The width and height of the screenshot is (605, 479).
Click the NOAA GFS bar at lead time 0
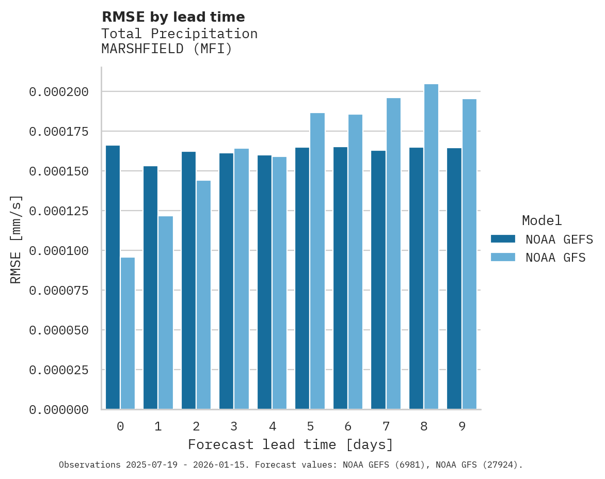tap(128, 333)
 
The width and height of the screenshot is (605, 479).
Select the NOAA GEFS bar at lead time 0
tap(113, 277)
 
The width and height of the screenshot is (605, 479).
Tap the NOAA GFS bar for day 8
tap(431, 247)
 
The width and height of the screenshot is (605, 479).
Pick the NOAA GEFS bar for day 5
tap(302, 278)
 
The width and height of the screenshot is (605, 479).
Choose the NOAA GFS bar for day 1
tap(166, 312)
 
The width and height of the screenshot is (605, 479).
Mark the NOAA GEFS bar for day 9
tap(454, 279)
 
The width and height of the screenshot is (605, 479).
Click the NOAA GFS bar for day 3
tap(242, 279)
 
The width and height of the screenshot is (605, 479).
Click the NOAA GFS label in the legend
tap(555, 258)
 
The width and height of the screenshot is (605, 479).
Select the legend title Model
tap(542, 221)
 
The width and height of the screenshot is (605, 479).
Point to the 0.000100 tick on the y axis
tap(59, 251)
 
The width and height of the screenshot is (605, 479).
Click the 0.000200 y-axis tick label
tap(59, 92)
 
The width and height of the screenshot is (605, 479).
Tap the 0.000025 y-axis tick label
tap(59, 370)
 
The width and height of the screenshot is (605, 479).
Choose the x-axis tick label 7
tap(386, 426)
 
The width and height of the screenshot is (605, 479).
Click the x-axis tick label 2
tap(196, 426)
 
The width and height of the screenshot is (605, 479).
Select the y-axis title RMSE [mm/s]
tap(17, 239)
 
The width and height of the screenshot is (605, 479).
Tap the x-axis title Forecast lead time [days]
tap(291, 444)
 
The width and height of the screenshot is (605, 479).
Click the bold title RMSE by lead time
tap(173, 17)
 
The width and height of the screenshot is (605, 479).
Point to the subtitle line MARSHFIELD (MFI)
tap(167, 49)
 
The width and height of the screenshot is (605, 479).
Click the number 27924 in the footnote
tap(499, 465)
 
